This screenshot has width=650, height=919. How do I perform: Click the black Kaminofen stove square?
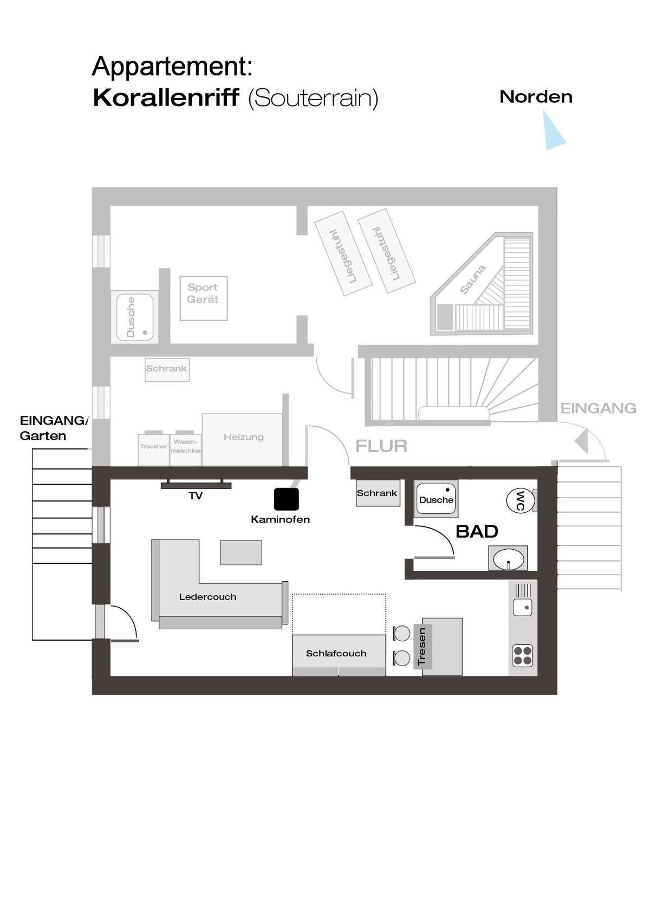pyautogui.click(x=287, y=499)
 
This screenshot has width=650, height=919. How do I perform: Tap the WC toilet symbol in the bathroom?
pyautogui.click(x=521, y=500)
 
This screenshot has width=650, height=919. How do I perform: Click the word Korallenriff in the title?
pyautogui.click(x=166, y=97)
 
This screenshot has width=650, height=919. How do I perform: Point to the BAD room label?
pyautogui.click(x=477, y=531)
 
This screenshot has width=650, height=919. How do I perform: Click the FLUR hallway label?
pyautogui.click(x=381, y=446)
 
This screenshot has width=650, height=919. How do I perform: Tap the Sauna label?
pyautogui.click(x=472, y=279)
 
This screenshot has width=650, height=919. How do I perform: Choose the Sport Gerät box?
pyautogui.click(x=204, y=298)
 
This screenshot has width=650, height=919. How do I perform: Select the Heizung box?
pyautogui.click(x=243, y=439)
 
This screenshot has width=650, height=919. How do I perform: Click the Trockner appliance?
pyautogui.click(x=153, y=448)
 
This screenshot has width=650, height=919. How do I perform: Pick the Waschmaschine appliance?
pyautogui.click(x=185, y=448)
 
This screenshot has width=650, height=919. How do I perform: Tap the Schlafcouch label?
pyautogui.click(x=336, y=653)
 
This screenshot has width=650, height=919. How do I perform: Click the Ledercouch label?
pyautogui.click(x=207, y=597)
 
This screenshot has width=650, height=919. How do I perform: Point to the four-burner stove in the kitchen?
pyautogui.click(x=522, y=655)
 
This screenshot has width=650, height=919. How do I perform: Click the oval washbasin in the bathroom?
pyautogui.click(x=509, y=559)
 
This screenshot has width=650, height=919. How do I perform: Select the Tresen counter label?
pyautogui.click(x=421, y=647)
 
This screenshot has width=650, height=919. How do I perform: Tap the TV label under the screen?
pyautogui.click(x=196, y=496)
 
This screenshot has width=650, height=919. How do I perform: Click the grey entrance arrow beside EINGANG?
pyautogui.click(x=581, y=441)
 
